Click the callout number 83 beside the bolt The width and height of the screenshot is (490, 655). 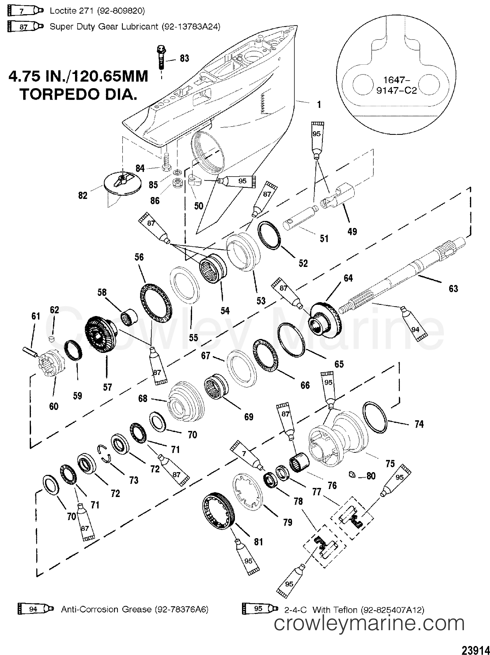[184, 59]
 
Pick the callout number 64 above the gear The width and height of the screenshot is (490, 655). [348, 278]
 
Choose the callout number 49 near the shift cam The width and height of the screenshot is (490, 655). [352, 231]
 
